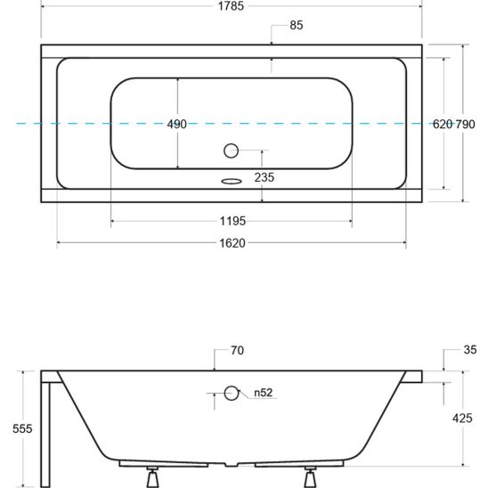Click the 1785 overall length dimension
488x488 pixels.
click(x=231, y=6)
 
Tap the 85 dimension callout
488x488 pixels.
click(x=297, y=25)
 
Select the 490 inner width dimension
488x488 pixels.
click(x=177, y=124)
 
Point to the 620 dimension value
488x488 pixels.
click(x=443, y=124)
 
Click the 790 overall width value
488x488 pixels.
click(x=465, y=124)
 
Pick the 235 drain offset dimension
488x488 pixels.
click(x=264, y=177)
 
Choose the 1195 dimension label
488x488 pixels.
click(x=232, y=221)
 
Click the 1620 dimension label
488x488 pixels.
click(x=232, y=243)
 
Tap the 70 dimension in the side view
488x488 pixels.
click(x=237, y=351)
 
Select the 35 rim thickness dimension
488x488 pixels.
click(x=470, y=350)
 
